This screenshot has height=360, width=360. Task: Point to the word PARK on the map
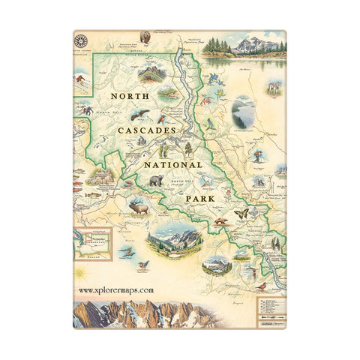click(202, 199)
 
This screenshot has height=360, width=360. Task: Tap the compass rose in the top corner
click(80, 40)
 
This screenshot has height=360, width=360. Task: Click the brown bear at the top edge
click(145, 36)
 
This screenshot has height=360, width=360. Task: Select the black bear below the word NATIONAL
click(155, 181)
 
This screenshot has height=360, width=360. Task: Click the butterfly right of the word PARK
click(241, 213)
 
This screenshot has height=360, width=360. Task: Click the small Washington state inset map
click(92, 244)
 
